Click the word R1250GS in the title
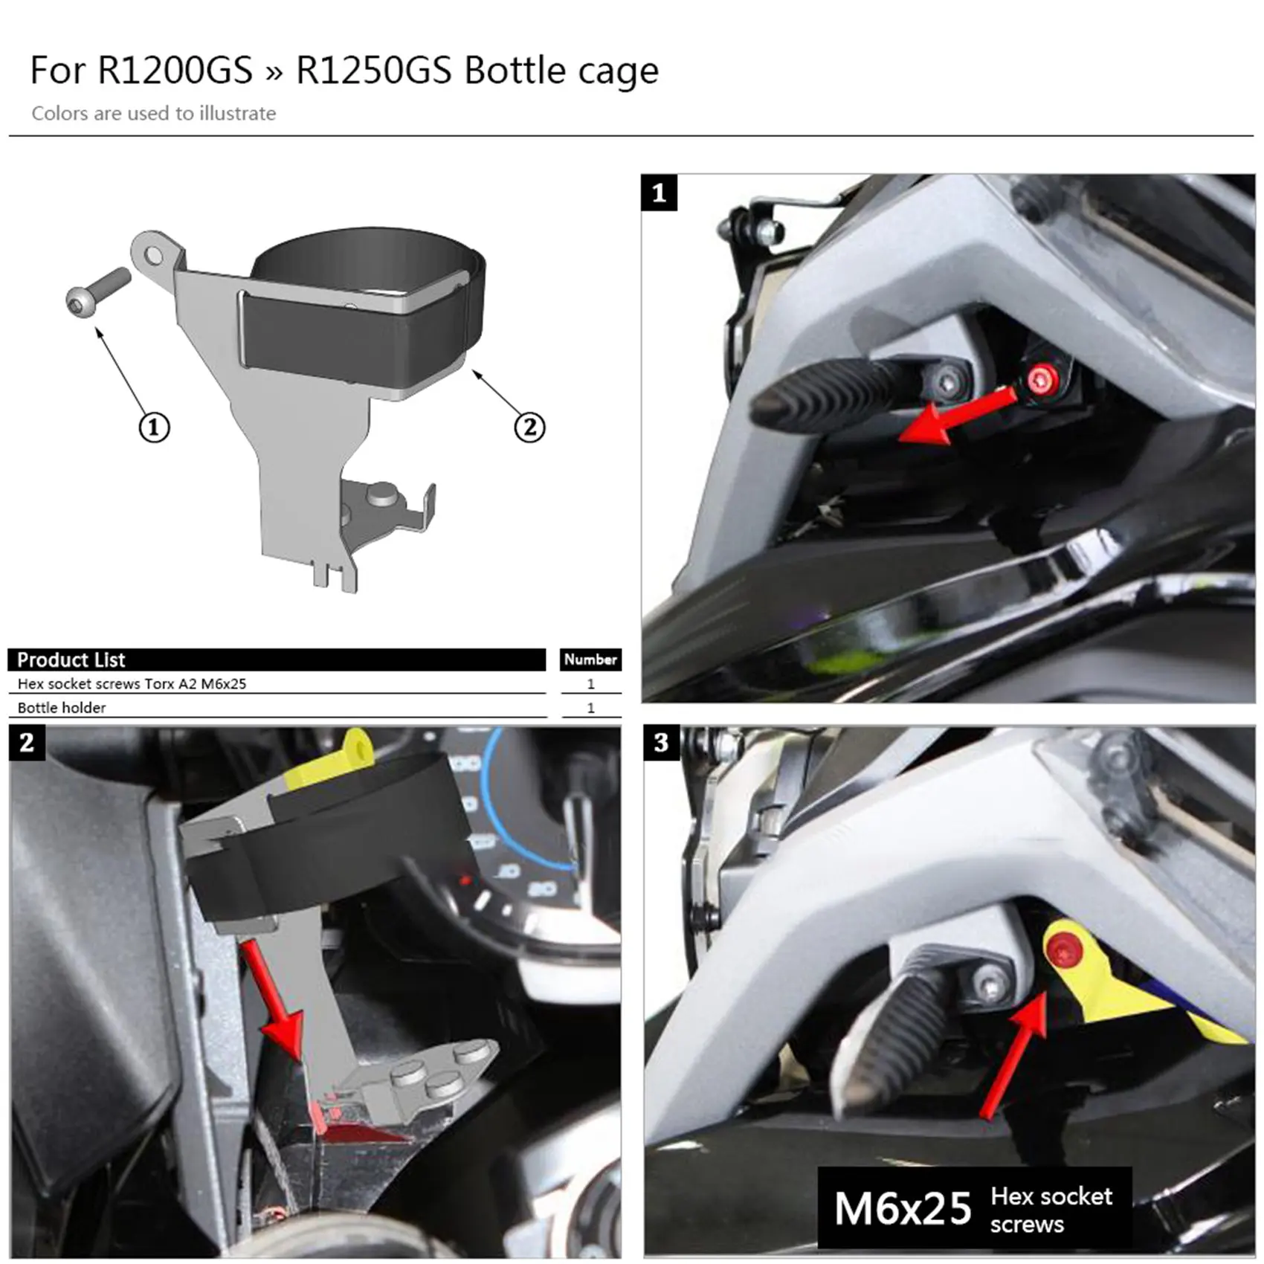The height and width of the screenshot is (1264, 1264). click(374, 71)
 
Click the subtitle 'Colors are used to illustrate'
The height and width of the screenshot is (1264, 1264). click(153, 114)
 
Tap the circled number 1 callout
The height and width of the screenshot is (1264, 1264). click(154, 428)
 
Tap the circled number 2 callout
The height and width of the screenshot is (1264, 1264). click(529, 428)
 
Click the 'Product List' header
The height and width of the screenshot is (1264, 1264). click(71, 660)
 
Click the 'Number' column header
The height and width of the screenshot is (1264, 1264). click(590, 660)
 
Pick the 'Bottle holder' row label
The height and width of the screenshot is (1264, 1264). click(62, 708)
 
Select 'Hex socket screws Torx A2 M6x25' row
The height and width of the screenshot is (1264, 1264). click(132, 684)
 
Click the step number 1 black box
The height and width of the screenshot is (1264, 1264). click(659, 193)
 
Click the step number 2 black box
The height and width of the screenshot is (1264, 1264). click(27, 743)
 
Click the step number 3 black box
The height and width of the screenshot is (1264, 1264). click(661, 743)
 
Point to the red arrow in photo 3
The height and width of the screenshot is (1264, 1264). click(1015, 1056)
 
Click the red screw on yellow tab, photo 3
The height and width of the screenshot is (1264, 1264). click(1060, 949)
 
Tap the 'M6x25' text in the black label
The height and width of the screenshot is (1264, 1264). click(902, 1209)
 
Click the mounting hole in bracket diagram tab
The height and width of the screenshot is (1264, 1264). click(154, 257)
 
